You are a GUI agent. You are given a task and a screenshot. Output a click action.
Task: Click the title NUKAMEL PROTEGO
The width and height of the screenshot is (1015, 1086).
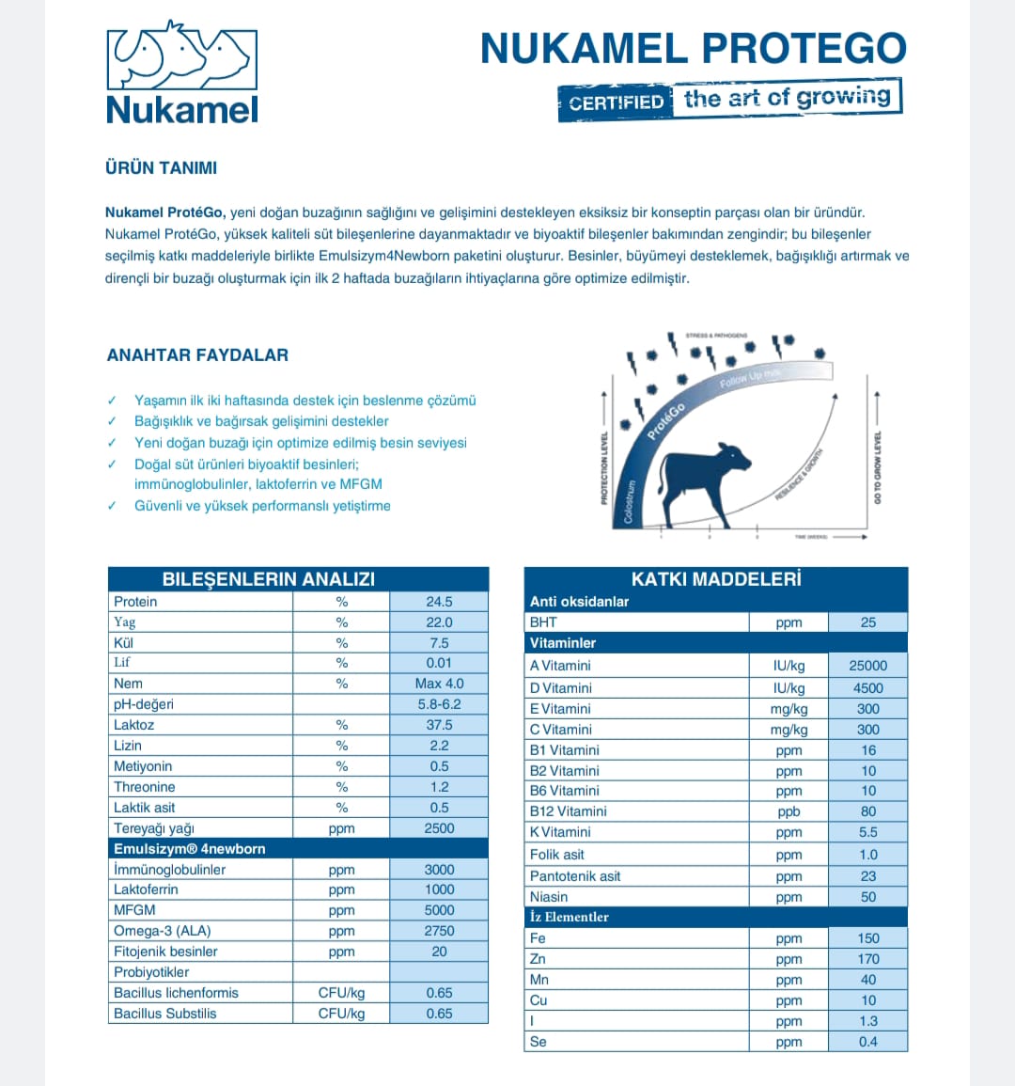(693, 49)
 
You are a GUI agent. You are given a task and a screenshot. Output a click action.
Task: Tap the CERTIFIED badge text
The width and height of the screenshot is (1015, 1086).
(617, 102)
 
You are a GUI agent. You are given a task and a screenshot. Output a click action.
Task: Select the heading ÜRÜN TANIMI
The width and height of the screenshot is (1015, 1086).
(161, 168)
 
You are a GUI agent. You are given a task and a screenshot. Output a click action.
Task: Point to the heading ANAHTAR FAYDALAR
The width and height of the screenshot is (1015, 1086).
(197, 355)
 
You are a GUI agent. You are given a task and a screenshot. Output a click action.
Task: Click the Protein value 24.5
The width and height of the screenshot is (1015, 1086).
(439, 602)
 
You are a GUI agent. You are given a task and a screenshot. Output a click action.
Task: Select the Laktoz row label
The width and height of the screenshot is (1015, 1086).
(134, 725)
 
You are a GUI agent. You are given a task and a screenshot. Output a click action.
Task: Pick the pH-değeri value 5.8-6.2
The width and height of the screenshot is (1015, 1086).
(439, 704)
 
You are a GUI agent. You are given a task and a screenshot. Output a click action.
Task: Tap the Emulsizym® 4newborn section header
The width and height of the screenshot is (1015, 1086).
(190, 849)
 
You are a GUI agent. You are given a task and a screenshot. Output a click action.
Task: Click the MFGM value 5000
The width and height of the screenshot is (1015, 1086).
(439, 910)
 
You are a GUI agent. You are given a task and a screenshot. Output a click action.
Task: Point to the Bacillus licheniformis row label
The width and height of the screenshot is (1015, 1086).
(176, 993)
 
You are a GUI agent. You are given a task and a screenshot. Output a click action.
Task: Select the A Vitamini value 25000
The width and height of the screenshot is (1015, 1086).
(867, 666)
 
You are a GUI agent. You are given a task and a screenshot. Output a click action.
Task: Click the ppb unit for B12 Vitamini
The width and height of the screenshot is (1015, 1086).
(789, 811)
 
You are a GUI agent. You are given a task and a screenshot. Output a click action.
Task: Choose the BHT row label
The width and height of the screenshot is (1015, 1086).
(543, 622)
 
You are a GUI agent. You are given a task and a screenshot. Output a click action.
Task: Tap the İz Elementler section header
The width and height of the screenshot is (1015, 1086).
(570, 917)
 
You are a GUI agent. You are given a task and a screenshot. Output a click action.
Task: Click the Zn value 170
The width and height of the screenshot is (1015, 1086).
(867, 959)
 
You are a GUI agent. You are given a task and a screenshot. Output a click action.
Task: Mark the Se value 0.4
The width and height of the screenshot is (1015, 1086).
(867, 1042)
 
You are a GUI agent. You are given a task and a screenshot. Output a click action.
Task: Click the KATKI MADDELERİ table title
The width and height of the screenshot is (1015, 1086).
(715, 579)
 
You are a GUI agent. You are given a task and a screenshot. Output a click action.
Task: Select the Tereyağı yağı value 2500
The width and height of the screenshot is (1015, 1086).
(439, 828)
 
